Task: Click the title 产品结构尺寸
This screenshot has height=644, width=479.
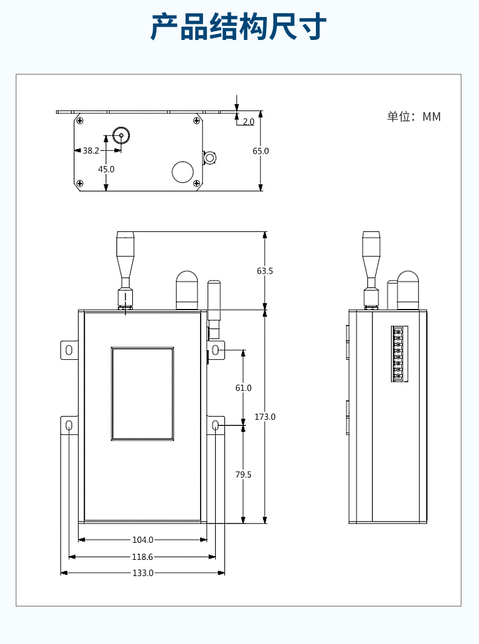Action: pos(239,28)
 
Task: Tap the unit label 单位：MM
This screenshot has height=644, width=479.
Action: pos(414,117)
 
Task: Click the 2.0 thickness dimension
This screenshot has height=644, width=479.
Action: pos(248,122)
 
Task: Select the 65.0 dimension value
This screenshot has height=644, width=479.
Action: pos(261,151)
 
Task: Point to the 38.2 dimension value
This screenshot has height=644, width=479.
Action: pos(91,150)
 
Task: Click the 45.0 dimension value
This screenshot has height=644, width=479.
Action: pos(106,169)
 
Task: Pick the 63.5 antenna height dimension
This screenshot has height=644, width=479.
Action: pos(265,271)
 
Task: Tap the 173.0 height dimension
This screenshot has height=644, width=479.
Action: pos(265,417)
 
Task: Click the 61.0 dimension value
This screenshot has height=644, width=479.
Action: pos(243,388)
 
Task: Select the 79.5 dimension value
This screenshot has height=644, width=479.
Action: pos(243,474)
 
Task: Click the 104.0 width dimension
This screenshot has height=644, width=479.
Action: pos(143,539)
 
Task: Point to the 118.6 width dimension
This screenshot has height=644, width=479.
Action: pos(143,556)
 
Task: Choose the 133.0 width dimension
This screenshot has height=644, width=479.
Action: pos(143,573)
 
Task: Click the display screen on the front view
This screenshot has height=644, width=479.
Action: pos(142,394)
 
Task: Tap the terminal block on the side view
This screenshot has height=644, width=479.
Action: pos(399,354)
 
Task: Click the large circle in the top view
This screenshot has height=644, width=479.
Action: pos(183,171)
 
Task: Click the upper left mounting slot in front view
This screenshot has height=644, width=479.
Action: pos(69,350)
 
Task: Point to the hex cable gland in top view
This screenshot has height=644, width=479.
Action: pos(210,158)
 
